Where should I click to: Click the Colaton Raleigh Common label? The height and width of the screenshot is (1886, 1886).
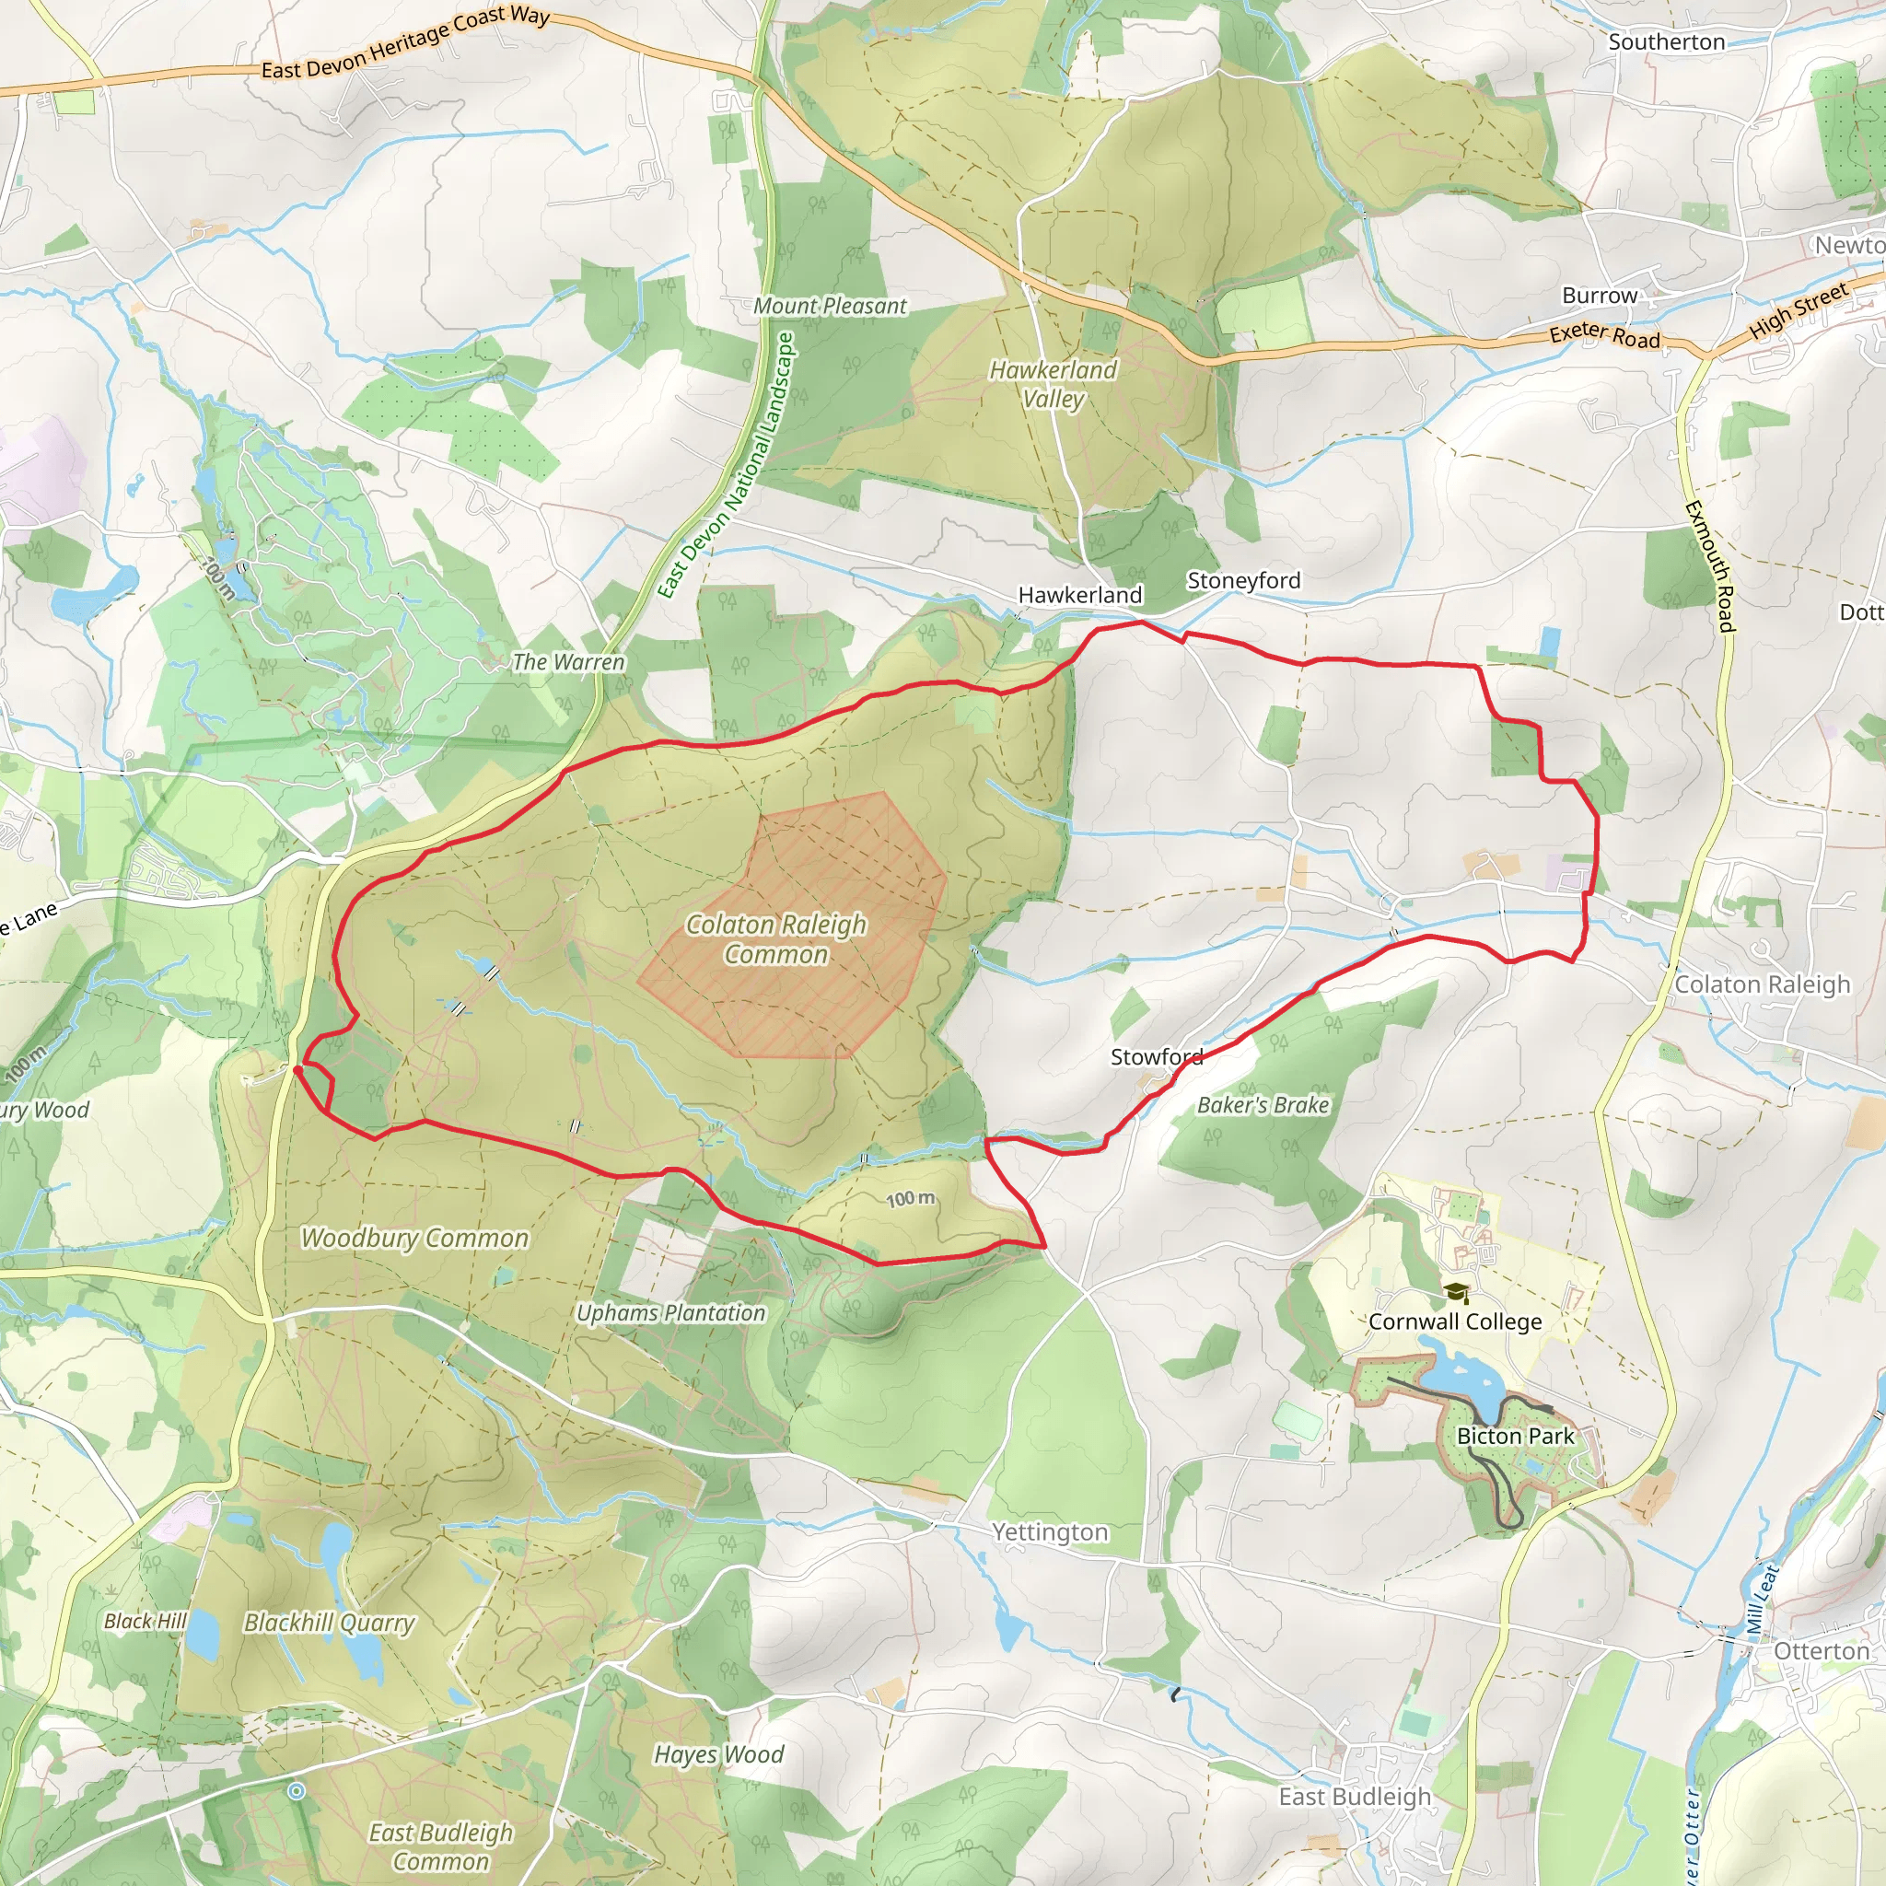tap(776, 938)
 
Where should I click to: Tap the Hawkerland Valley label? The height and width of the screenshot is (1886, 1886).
tap(1053, 384)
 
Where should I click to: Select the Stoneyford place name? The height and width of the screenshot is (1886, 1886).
tap(1242, 580)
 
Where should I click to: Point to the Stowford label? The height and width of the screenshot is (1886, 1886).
tap(1156, 1056)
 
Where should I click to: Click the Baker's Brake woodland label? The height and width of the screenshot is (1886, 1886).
tap(1263, 1105)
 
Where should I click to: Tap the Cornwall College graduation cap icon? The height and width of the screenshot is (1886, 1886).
tap(1456, 1294)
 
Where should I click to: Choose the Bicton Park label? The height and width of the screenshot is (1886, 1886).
tap(1515, 1436)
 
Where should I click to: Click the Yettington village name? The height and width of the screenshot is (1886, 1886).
tap(1050, 1531)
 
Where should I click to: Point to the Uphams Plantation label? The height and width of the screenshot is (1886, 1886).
tap(670, 1313)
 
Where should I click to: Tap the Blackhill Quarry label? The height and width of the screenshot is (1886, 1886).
tap(329, 1623)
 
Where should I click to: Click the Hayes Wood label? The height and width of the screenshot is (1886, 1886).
tap(718, 1754)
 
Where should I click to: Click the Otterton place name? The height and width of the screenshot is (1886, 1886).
tap(1821, 1651)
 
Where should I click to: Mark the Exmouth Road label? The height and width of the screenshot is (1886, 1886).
tap(1710, 566)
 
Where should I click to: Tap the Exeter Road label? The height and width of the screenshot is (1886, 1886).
tap(1604, 335)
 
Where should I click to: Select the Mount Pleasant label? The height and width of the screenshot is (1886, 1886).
tap(830, 306)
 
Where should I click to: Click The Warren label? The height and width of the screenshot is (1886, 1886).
tap(568, 662)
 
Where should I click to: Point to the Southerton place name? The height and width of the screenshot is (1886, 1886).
tap(1666, 42)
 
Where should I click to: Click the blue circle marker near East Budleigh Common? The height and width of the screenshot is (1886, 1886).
tap(296, 1790)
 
